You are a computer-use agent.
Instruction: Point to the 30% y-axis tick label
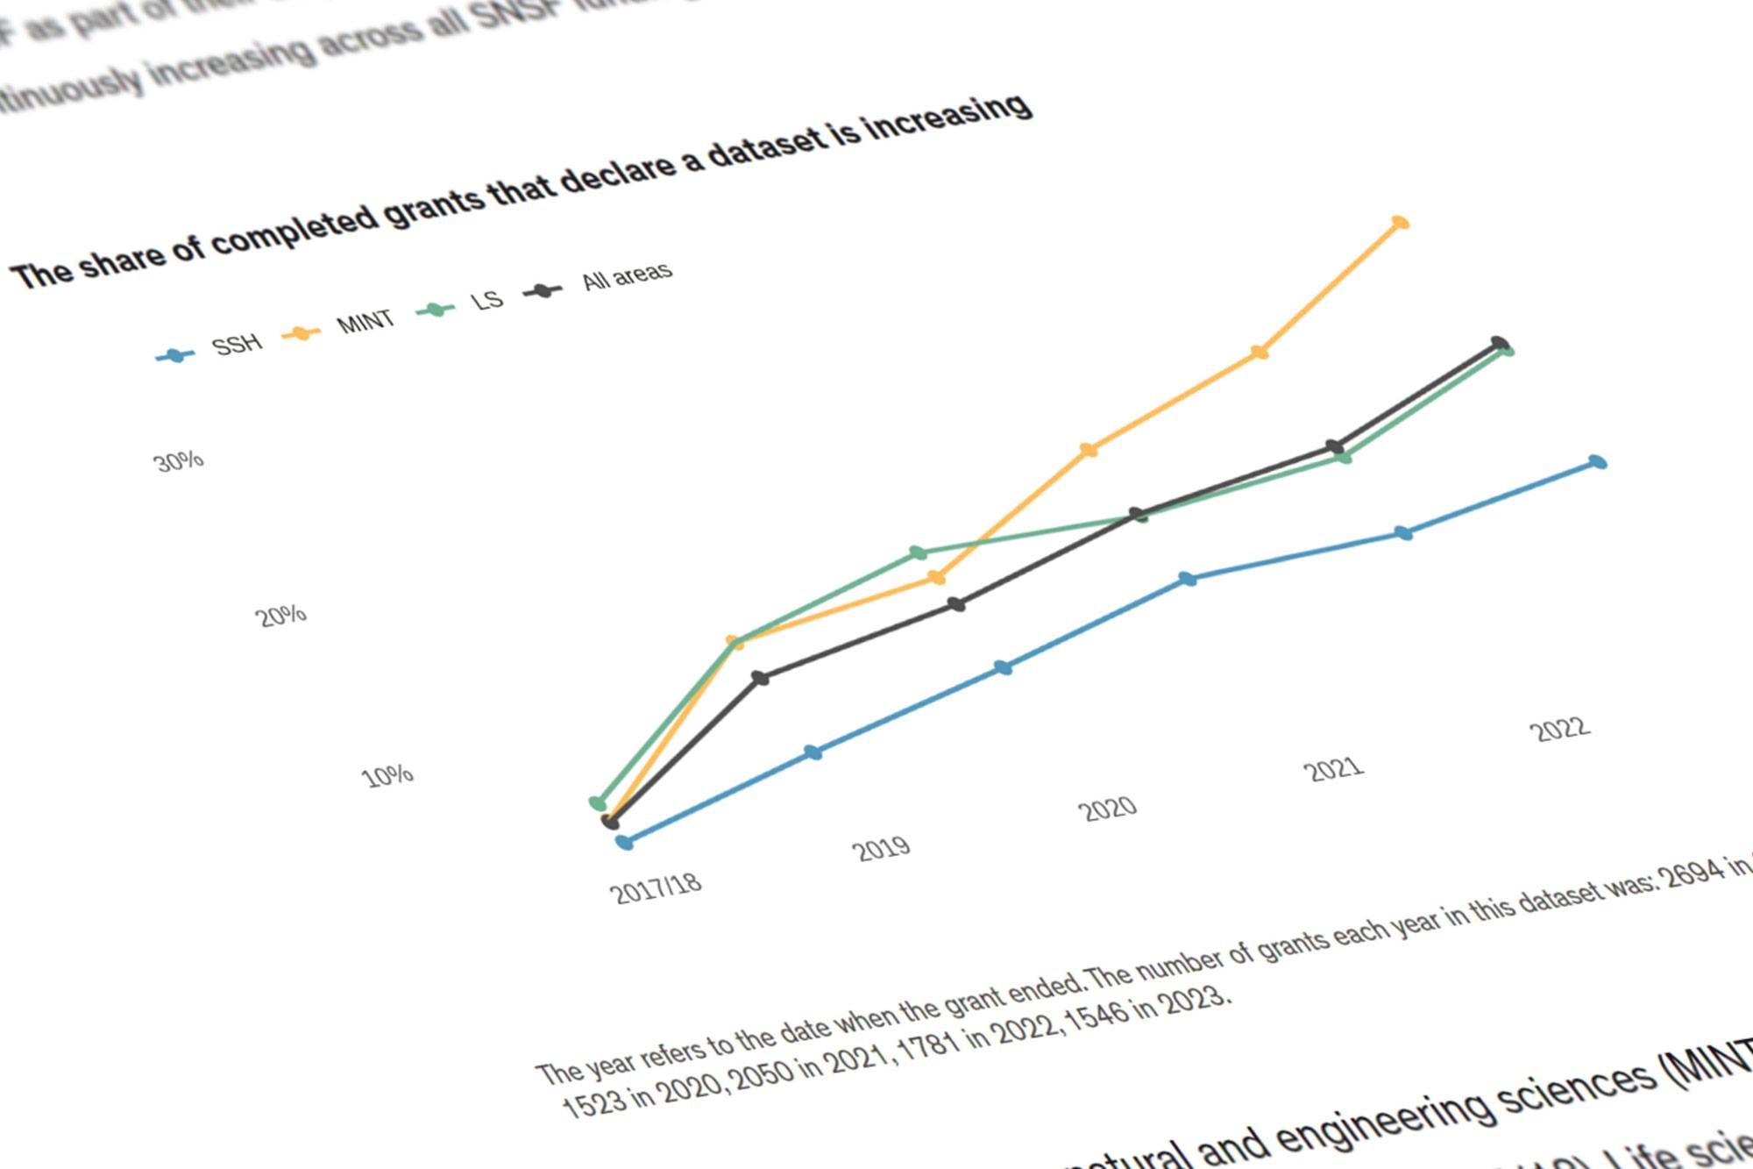[179, 461]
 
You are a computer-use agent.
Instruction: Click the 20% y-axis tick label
[280, 616]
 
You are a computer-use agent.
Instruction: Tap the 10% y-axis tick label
[387, 776]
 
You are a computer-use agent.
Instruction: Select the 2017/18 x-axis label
[656, 887]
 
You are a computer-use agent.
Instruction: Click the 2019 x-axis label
[881, 848]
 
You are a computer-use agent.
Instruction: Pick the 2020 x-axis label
[1107, 808]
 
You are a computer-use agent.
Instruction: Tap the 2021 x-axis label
[1333, 769]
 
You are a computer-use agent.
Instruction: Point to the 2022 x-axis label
[1559, 729]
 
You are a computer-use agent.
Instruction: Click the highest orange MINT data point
[1400, 223]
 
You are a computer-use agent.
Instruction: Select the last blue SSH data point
[1597, 462]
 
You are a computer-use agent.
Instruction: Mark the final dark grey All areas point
[1499, 343]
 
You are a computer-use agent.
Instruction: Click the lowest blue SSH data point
[624, 842]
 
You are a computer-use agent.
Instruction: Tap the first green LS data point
[598, 802]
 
